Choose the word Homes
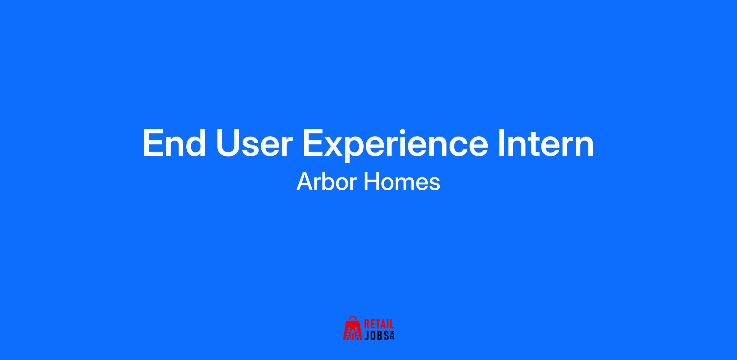tap(402, 182)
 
